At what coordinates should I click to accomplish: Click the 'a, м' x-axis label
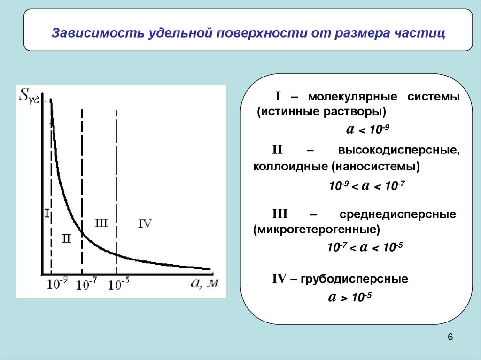click(205, 283)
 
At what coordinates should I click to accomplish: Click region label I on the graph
click(47, 214)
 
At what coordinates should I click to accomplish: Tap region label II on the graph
click(66, 238)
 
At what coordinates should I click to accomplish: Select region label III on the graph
click(101, 223)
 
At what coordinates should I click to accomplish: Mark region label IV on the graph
click(145, 224)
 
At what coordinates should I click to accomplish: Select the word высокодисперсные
click(397, 151)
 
